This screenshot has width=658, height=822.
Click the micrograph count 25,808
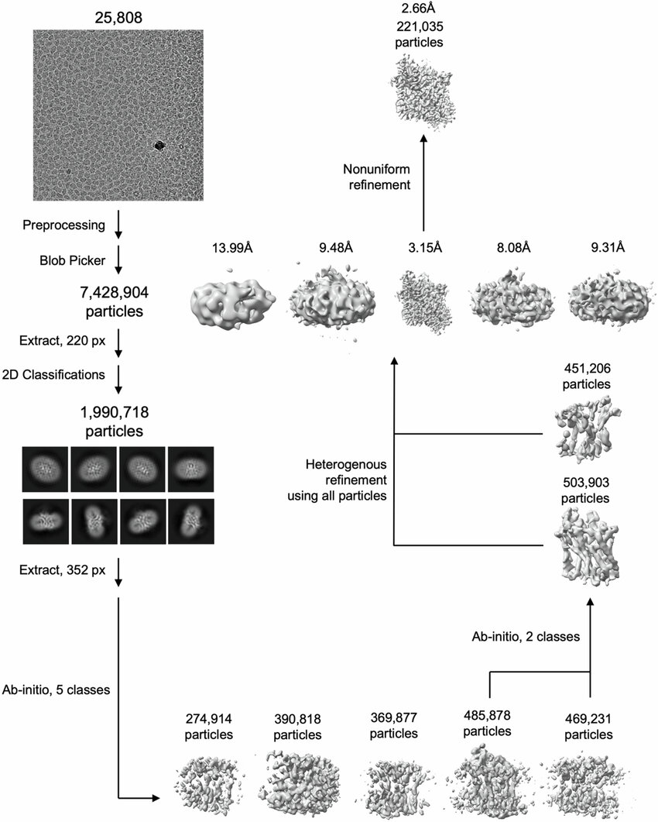[x=118, y=18]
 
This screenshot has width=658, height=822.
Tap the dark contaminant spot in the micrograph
[x=159, y=145]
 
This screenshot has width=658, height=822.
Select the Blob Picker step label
[x=72, y=260]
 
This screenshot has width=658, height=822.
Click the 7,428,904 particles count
[x=115, y=301]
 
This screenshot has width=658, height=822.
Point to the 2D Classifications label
[x=53, y=375]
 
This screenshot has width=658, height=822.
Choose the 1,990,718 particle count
[x=115, y=421]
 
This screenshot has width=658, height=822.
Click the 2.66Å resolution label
[x=419, y=9]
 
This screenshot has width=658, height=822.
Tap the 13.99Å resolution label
[x=232, y=247]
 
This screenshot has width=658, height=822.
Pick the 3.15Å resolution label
[x=425, y=247]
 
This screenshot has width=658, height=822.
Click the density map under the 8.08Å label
[x=512, y=298]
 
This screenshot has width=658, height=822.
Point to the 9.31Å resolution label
[x=608, y=247]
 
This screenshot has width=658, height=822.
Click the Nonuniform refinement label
[x=377, y=177]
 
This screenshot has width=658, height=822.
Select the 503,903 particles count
[x=585, y=490]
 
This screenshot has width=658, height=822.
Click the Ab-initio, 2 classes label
[x=526, y=636]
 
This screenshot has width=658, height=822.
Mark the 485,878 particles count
[x=487, y=723]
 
